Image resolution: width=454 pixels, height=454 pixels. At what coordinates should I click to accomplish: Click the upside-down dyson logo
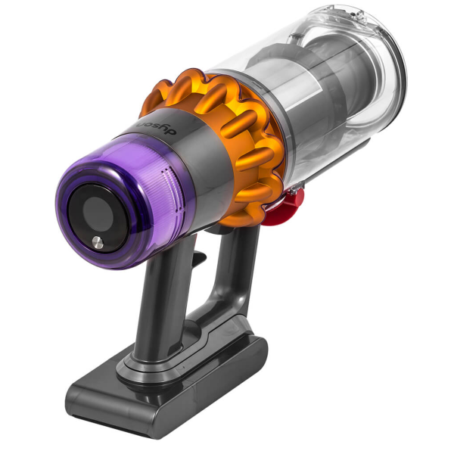(157, 127)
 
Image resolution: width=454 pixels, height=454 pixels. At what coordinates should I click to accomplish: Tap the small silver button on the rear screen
(98, 242)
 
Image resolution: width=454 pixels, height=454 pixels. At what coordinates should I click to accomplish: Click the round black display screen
(98, 217)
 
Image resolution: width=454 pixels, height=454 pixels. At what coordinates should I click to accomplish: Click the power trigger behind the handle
(201, 259)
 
